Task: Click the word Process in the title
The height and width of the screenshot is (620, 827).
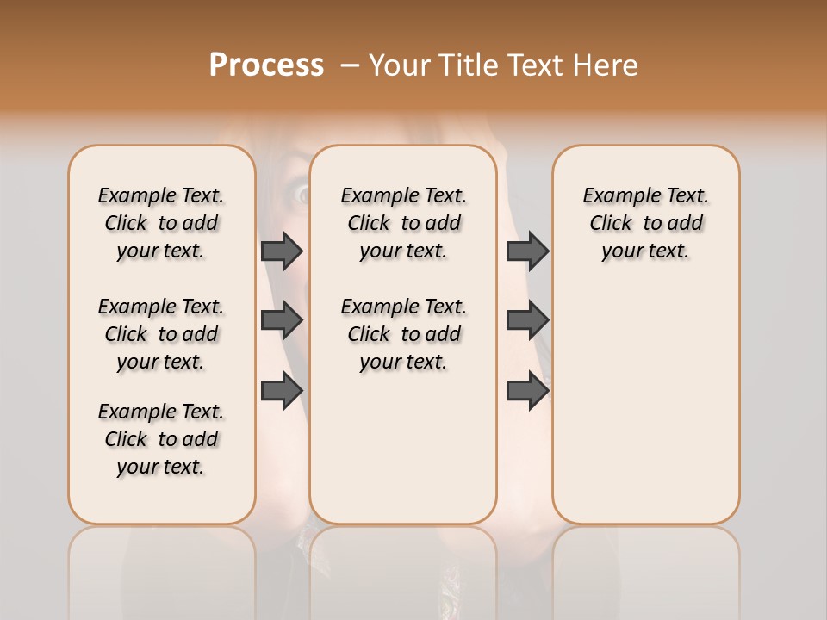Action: click(x=266, y=65)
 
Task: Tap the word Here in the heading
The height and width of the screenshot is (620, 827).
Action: click(x=607, y=65)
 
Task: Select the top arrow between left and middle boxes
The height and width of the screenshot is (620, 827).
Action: click(x=282, y=251)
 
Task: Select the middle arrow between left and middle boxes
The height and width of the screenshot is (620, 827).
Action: click(x=282, y=320)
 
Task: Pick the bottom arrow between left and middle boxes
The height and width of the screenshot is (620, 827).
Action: click(x=282, y=390)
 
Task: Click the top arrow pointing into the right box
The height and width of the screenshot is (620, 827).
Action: click(x=527, y=251)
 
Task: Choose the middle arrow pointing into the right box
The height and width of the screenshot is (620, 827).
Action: click(x=527, y=320)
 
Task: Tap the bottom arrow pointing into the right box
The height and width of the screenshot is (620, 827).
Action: click(x=527, y=390)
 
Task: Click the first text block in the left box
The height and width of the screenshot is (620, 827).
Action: click(x=161, y=223)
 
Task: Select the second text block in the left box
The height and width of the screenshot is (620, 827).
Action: click(x=161, y=334)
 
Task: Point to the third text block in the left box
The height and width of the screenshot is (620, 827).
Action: click(x=161, y=439)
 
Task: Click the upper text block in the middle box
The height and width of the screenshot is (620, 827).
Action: click(x=403, y=223)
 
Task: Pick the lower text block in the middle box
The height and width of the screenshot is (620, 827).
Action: click(x=403, y=334)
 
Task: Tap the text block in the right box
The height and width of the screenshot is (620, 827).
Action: click(x=645, y=223)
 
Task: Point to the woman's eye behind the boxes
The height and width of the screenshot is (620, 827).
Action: click(x=302, y=195)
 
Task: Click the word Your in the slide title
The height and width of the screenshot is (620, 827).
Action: click(x=401, y=65)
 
